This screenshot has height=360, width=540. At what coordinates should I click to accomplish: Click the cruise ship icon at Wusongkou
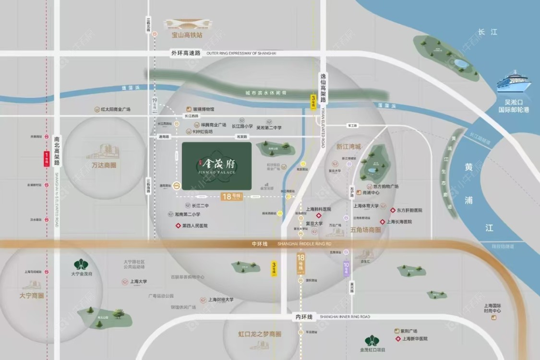tap(514, 83)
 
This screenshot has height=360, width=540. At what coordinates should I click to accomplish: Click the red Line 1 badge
tap(47, 158)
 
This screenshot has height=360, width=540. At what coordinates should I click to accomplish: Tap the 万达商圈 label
tap(104, 165)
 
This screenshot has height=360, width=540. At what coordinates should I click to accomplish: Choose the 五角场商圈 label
tap(366, 230)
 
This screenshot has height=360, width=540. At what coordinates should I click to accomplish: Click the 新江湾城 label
tap(348, 147)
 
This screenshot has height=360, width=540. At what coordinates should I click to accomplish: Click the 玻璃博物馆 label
tap(204, 109)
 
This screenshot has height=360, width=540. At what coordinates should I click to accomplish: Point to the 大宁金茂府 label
tap(81, 274)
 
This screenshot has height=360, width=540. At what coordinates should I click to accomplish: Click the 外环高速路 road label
tap(185, 53)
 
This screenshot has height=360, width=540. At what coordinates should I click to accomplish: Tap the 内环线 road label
tap(303, 317)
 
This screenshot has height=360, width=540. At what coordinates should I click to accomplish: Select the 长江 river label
tap(488, 32)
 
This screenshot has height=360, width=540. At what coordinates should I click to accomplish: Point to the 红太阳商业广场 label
tap(116, 109)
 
